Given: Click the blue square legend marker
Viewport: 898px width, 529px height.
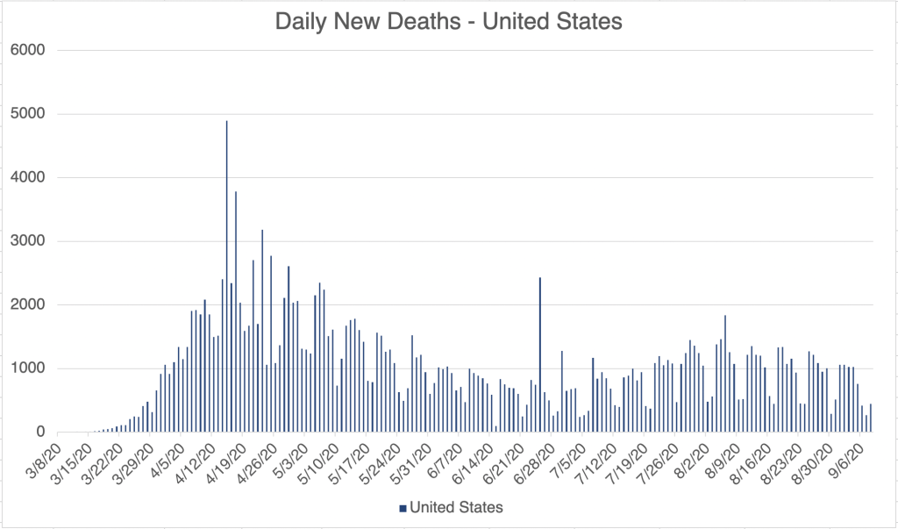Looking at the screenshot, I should click(403, 507).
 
